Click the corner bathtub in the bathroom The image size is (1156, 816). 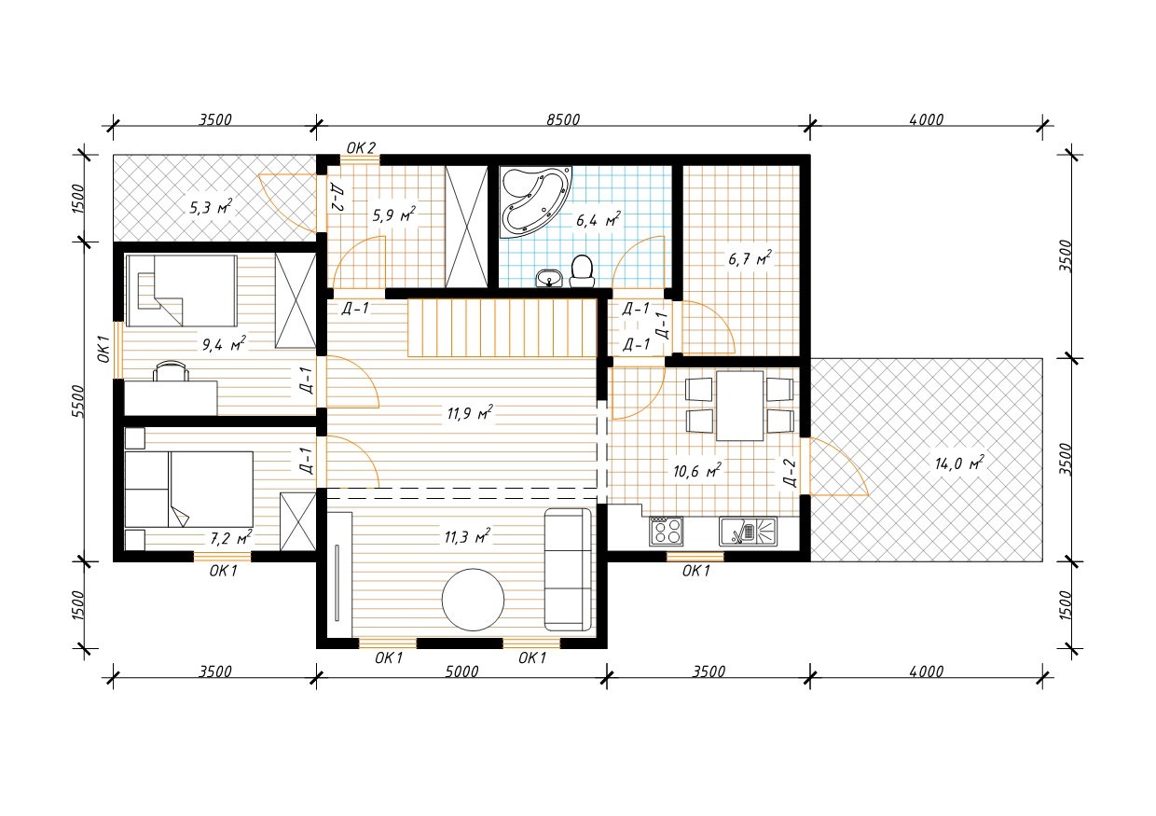(534, 201)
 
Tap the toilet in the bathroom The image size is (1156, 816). (582, 271)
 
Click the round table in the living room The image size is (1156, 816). (473, 600)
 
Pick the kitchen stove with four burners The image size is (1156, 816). (667, 531)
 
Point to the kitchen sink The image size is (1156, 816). (748, 531)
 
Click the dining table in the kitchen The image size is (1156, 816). (739, 406)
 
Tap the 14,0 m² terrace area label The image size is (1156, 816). (959, 463)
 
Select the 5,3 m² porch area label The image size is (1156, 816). (211, 207)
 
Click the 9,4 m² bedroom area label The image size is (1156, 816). (224, 344)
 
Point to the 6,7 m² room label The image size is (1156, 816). (750, 257)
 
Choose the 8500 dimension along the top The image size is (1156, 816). (563, 119)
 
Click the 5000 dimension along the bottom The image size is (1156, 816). (461, 671)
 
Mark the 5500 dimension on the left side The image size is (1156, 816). (77, 401)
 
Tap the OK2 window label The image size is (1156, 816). (361, 148)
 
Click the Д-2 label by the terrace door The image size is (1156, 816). (791, 474)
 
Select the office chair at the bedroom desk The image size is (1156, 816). (171, 370)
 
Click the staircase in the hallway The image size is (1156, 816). (502, 327)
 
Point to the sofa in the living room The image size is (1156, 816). (568, 569)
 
